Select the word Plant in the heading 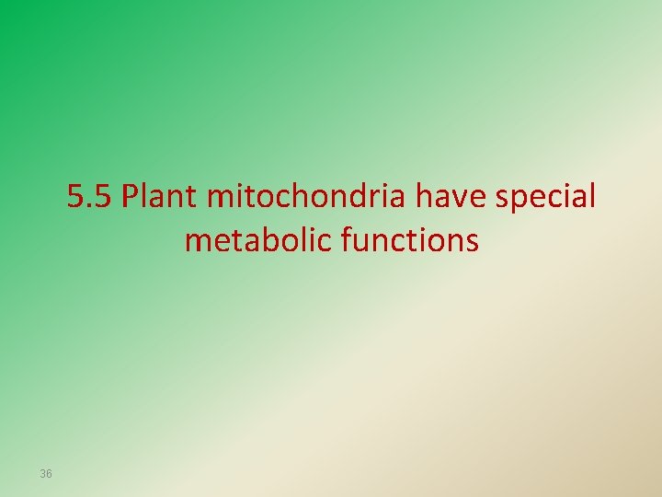[x=161, y=197]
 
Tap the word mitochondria [x=310, y=197]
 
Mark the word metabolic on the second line [x=257, y=241]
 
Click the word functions [x=409, y=241]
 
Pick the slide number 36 [x=46, y=474]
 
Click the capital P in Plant [x=130, y=197]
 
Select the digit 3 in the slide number [x=42, y=474]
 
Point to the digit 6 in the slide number [x=49, y=474]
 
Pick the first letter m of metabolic [x=196, y=243]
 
